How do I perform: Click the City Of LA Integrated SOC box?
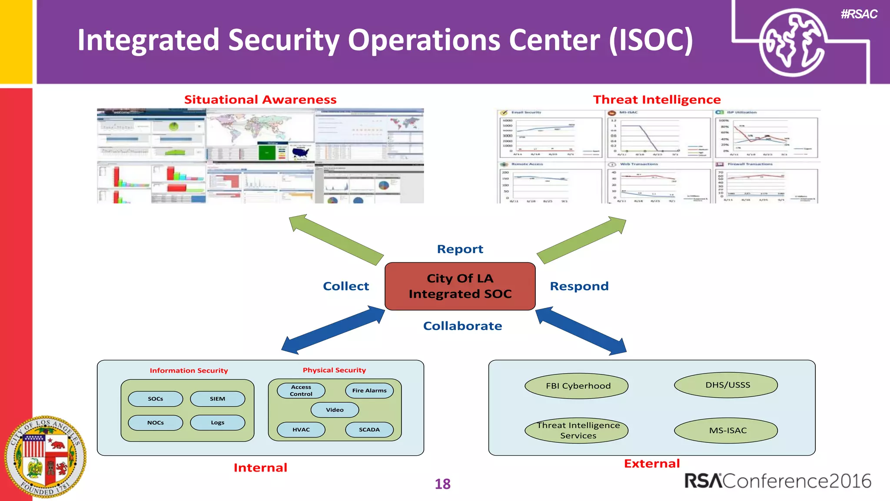point(460,286)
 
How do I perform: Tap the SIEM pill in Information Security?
point(217,399)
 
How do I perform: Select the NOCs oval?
point(155,423)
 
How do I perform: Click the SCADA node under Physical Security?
point(369,430)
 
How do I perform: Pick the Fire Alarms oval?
point(369,391)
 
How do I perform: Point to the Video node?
point(335,410)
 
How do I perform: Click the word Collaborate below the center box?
point(462,326)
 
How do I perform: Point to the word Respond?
point(579,286)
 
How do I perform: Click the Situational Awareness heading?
point(260,100)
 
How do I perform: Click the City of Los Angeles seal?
point(45,457)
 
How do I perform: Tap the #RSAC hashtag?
point(859,14)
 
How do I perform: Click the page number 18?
point(442,484)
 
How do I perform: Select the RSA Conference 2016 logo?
point(777,481)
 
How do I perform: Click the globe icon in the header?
point(792,43)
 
